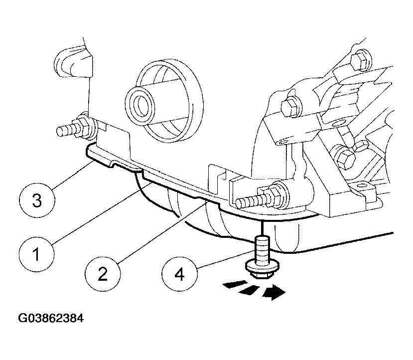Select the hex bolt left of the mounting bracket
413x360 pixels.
pyautogui.click(x=289, y=106)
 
